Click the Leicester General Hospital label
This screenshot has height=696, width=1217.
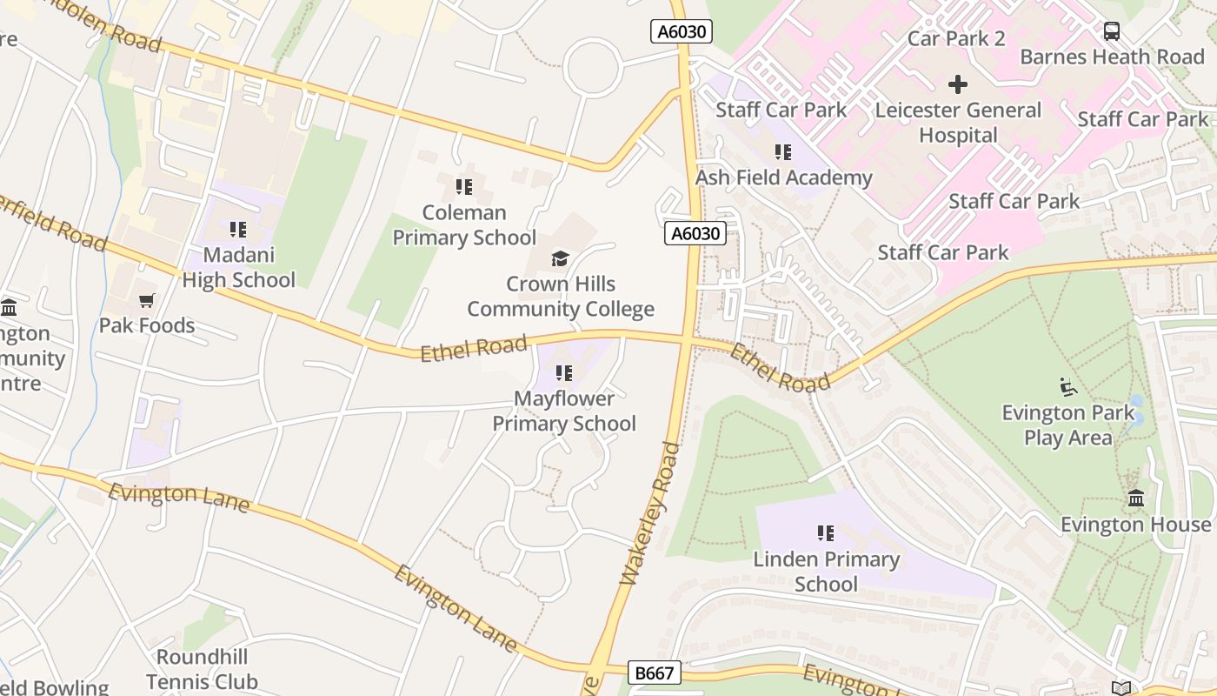click(958, 123)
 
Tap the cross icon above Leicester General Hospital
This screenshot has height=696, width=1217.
click(957, 84)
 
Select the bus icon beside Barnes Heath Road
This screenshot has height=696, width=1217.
click(1111, 31)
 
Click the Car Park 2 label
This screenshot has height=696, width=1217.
click(955, 38)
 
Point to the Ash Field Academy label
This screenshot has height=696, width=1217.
click(783, 177)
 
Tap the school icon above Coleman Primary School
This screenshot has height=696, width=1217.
click(464, 186)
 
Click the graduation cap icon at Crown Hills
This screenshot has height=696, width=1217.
click(561, 258)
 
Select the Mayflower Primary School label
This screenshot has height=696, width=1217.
click(564, 411)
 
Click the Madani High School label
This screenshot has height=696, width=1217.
click(238, 267)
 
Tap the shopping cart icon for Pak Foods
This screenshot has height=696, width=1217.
click(146, 300)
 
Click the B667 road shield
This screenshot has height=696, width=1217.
click(654, 673)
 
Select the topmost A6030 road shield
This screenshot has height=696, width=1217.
click(682, 32)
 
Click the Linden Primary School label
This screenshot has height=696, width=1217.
click(826, 571)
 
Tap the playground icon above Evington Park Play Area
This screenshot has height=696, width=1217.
click(1067, 385)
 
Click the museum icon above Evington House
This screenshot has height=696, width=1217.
click(1135, 499)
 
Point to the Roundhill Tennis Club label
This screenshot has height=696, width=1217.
click(202, 669)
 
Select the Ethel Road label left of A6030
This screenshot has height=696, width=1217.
click(474, 348)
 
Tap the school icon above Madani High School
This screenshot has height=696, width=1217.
click(238, 229)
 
